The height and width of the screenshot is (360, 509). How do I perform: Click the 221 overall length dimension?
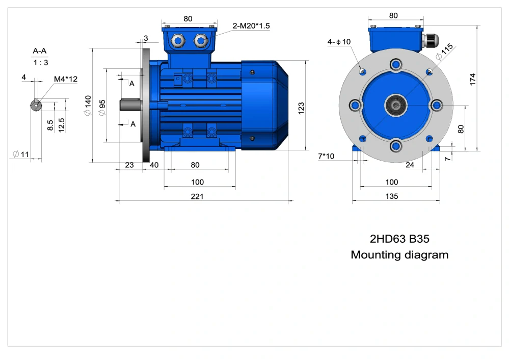coord(197,196)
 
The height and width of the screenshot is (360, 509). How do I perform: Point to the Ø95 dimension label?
coord(102,107)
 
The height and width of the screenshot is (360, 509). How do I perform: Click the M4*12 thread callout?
coord(66,79)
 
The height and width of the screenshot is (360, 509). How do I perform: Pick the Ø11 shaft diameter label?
coord(20,153)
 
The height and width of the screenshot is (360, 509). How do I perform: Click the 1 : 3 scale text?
coord(41,63)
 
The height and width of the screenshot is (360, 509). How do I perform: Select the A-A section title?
coord(41,51)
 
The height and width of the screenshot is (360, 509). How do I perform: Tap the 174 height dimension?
coord(473,79)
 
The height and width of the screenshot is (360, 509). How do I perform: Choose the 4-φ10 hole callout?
coord(339,41)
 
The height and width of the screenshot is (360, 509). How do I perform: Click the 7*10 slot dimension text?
coord(326,156)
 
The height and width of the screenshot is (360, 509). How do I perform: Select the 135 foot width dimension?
coord(392,196)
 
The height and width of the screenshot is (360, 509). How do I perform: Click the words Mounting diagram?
coord(399,254)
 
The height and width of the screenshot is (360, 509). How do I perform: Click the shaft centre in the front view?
coord(396,105)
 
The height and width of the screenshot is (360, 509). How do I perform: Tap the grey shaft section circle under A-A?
coord(36,105)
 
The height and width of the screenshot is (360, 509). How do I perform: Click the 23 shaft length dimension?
coord(129,165)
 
